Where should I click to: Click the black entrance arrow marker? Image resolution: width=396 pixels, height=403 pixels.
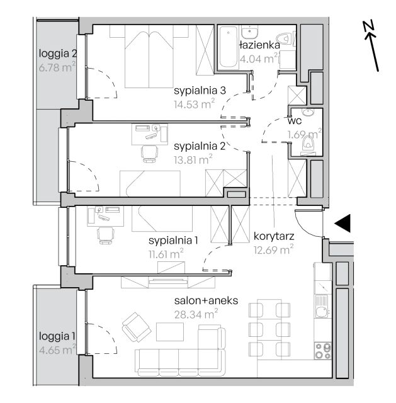[343, 224]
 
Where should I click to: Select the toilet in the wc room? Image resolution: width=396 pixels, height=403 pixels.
[308, 143]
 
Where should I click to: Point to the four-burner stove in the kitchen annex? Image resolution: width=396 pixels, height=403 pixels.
[323, 351]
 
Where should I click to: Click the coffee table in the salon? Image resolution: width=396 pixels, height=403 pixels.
[170, 332]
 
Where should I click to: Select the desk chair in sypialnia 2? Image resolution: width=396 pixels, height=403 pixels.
[149, 154]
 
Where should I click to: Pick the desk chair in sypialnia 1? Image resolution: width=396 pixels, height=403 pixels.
[106, 235]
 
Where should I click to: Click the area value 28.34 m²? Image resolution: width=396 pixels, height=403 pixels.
[196, 314]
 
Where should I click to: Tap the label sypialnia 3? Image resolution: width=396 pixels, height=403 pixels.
[200, 91]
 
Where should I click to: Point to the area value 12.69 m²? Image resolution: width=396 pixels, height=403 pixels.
[274, 249]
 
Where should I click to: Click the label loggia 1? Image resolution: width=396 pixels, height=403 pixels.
[57, 336]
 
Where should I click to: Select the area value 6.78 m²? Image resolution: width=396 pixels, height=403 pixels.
[57, 67]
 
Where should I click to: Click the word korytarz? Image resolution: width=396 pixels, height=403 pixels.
[274, 236]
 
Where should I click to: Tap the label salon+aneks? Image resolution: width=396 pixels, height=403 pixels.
[206, 301]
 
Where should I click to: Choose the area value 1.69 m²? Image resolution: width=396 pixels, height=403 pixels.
[304, 134]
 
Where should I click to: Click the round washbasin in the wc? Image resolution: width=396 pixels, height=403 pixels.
[308, 113]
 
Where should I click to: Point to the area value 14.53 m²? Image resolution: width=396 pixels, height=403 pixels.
[195, 105]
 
